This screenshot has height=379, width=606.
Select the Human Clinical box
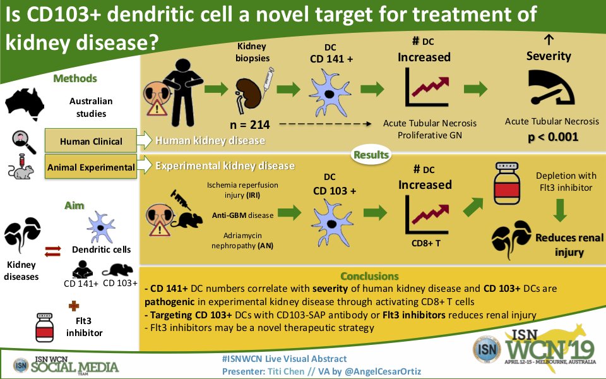click(91, 141)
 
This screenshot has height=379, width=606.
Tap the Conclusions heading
click(369, 276)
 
